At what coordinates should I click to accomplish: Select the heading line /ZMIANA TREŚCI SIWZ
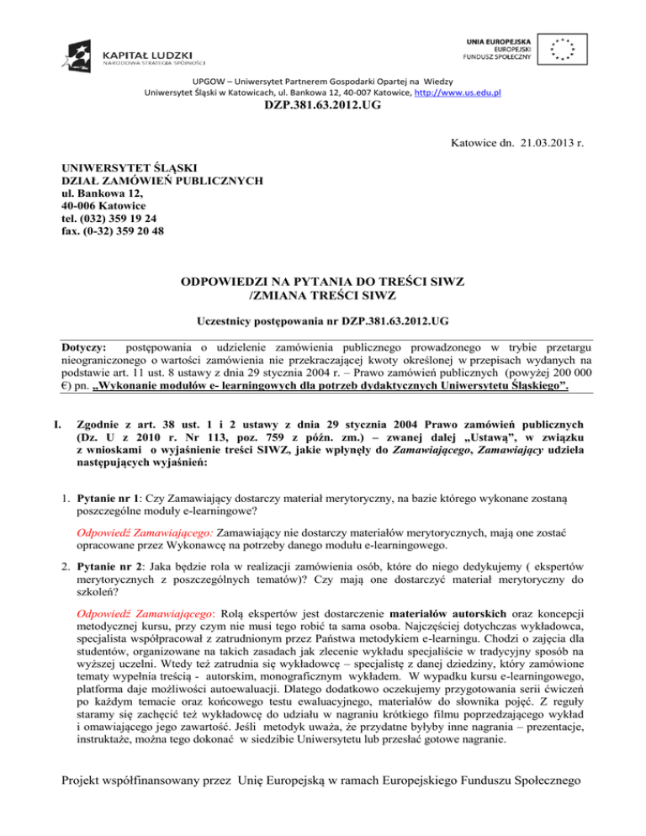click(323, 296)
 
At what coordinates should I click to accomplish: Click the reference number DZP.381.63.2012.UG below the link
click(323, 107)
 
